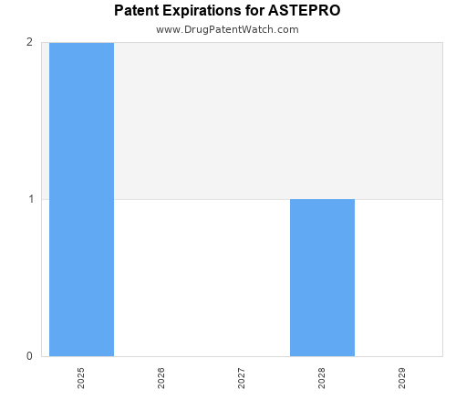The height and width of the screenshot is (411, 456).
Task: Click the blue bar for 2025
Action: (81, 199)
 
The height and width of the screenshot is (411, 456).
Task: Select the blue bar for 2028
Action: (322, 278)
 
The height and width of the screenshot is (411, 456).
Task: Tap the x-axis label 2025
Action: (81, 378)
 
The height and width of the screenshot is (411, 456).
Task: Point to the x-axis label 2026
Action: (161, 378)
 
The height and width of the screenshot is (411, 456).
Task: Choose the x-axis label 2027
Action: (242, 378)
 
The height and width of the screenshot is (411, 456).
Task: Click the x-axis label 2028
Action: (322, 378)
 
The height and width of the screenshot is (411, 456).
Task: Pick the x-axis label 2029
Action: (402, 378)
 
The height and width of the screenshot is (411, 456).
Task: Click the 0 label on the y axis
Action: (29, 356)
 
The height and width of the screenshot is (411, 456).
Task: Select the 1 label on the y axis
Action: (29, 199)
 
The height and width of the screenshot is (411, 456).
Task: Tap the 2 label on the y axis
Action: (29, 42)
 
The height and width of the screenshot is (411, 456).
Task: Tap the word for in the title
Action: (262, 11)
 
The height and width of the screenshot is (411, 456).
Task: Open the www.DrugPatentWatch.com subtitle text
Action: (227, 29)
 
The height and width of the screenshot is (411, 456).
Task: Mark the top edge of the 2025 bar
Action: (81, 43)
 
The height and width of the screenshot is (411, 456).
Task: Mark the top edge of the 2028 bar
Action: (322, 199)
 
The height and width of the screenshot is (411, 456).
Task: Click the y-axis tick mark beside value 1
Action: (38, 199)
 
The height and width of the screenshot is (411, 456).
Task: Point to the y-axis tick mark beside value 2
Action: (38, 42)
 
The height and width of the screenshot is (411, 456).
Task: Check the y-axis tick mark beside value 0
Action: (38, 356)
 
